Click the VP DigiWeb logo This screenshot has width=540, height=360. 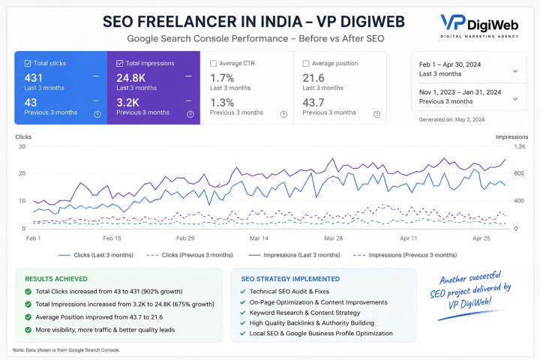tap(479, 25)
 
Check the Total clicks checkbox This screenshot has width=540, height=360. tap(28, 64)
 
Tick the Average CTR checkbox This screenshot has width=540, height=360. tap(213, 64)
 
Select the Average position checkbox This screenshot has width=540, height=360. tap(305, 64)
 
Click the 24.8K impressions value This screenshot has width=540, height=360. tap(130, 78)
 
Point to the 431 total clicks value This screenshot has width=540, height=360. tap(34, 78)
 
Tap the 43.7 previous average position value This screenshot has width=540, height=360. tap(313, 103)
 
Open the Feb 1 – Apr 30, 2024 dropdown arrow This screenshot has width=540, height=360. tap(515, 71)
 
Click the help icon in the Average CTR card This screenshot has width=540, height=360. tap(283, 114)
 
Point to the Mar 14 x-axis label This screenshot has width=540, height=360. tap(259, 238)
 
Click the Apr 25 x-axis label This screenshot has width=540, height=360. tap(481, 238)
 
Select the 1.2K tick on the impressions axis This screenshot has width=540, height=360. tap(520, 147)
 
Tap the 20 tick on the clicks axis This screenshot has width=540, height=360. tap(22, 174)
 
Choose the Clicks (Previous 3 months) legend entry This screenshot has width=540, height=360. tap(190, 255)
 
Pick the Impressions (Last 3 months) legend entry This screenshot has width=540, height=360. tap(294, 255)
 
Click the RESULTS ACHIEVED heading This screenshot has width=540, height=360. tap(56, 279)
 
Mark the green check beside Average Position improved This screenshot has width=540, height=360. tap(28, 317)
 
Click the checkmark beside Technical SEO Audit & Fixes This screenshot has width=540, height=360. tap(243, 292)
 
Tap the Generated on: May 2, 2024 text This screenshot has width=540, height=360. tap(451, 120)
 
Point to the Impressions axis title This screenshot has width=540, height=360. tap(511, 137)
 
